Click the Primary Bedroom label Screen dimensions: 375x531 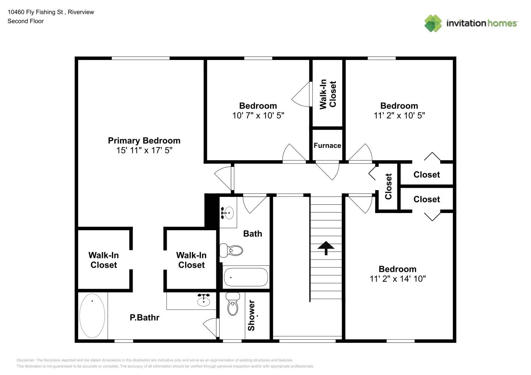coord(144,141)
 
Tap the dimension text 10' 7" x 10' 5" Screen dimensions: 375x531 coord(258,115)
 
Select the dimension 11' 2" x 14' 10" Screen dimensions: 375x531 coord(397,279)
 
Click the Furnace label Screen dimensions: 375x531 coord(327,145)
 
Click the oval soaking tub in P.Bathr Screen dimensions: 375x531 coord(92,316)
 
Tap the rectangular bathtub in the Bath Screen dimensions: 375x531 coord(246,277)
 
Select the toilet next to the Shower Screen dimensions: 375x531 coord(233,304)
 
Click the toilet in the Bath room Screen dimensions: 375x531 coord(232,250)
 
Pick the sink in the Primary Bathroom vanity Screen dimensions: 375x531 coord(204,300)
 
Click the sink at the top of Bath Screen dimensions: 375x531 coord(227,213)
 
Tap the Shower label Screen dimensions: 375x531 coord(251,315)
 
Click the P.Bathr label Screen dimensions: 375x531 coord(145,318)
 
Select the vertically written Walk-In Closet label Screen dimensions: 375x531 coord(327,94)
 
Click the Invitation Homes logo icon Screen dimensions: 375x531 coord(433,23)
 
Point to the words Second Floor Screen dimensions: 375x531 coord(26,21)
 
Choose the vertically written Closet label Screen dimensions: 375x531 coord(388,186)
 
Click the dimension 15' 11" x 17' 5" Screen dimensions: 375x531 coord(144,150)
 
